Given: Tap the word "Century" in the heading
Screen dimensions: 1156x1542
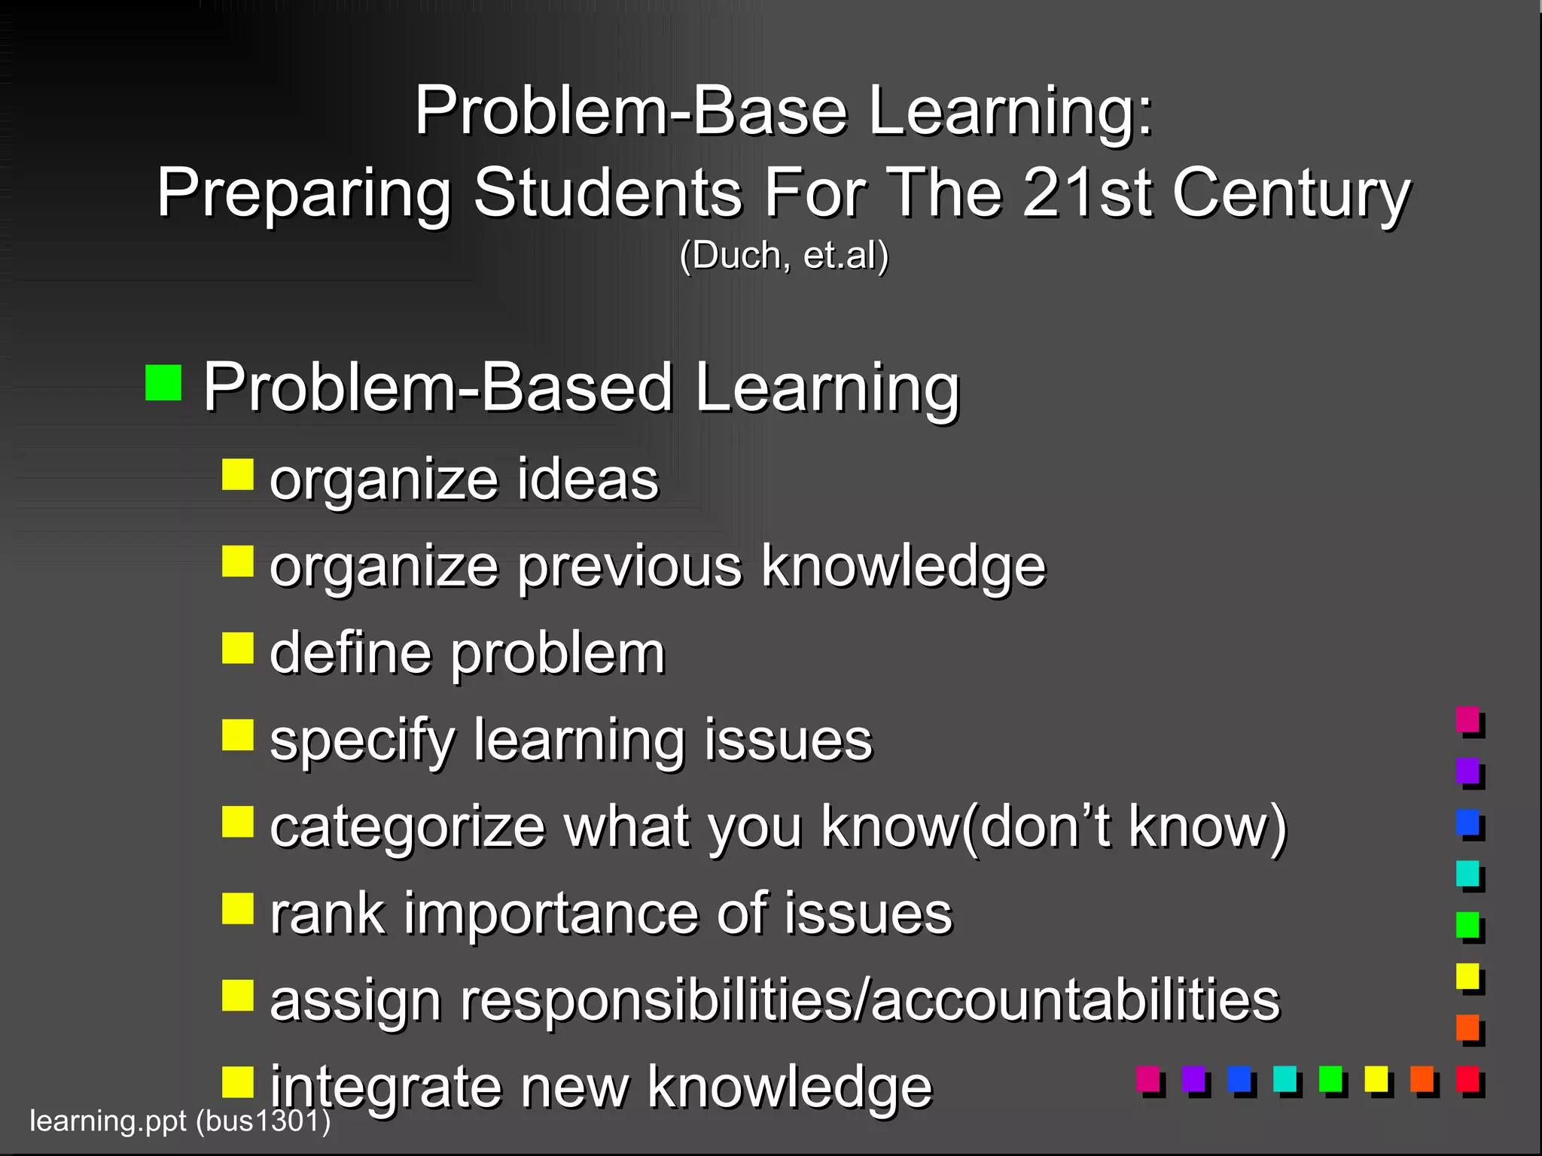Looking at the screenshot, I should coord(1291,194).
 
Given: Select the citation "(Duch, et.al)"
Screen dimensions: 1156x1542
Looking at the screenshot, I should coord(784,255).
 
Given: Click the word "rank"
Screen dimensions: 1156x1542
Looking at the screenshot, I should coord(328,914).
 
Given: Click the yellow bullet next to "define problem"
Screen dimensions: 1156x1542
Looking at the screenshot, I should coord(237,647).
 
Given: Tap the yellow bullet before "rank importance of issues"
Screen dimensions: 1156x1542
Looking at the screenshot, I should coord(237,908).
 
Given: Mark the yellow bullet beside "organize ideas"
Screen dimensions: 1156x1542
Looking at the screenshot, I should coord(237,474).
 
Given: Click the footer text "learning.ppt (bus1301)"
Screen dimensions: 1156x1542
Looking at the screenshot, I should coord(180,1121).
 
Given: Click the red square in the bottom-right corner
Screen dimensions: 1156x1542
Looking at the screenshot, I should coord(1468,1080).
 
